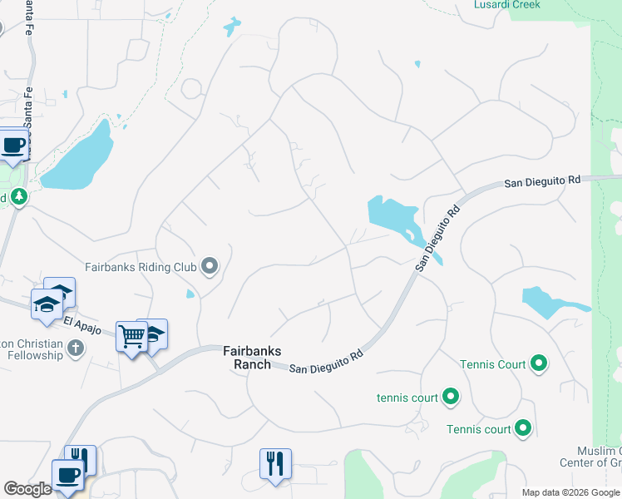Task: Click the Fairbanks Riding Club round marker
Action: coord(210,267)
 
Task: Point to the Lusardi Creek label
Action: coord(506,5)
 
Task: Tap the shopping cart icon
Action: coord(131,336)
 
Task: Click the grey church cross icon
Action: coord(76,348)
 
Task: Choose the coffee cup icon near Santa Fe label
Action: coord(13,145)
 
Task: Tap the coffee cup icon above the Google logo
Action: coord(67,475)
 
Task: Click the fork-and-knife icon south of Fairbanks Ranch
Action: coord(275,462)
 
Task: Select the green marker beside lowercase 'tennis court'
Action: coord(451,397)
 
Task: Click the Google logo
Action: coord(27,489)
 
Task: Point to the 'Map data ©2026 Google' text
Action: coord(570,492)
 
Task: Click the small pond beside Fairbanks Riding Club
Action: coord(191,293)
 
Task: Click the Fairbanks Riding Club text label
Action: coord(141,267)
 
